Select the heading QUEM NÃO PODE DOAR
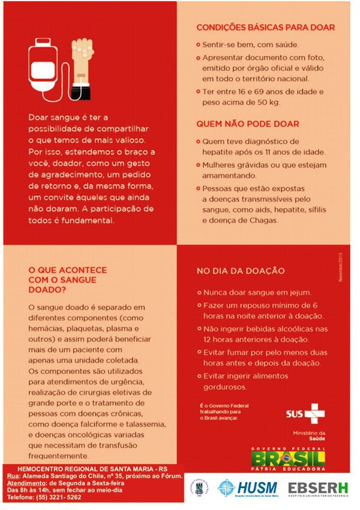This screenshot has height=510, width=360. (247, 124)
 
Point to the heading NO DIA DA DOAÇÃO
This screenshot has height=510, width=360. (240, 271)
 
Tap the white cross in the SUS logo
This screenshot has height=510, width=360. (315, 414)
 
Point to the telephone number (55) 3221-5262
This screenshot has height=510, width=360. (64, 497)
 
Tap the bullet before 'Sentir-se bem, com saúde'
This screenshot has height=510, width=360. (198, 44)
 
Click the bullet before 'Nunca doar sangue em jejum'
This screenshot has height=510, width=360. (198, 293)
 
